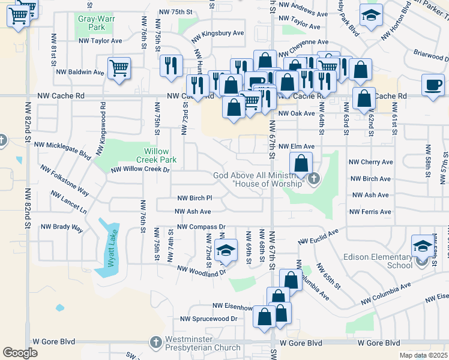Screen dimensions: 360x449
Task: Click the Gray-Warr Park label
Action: coord(91,23)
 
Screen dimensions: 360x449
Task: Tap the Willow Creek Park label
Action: coord(160,156)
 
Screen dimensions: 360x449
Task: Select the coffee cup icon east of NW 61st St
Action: coord(433,85)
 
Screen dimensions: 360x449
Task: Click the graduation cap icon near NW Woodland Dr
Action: coord(226,251)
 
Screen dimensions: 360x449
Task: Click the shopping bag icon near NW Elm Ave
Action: coord(301,163)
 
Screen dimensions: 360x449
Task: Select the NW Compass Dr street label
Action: coord(200,227)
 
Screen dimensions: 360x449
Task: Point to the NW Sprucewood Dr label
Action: coord(209,319)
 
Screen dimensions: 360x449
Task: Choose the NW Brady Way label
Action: coord(61,227)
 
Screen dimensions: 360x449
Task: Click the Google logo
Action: coord(20,353)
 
